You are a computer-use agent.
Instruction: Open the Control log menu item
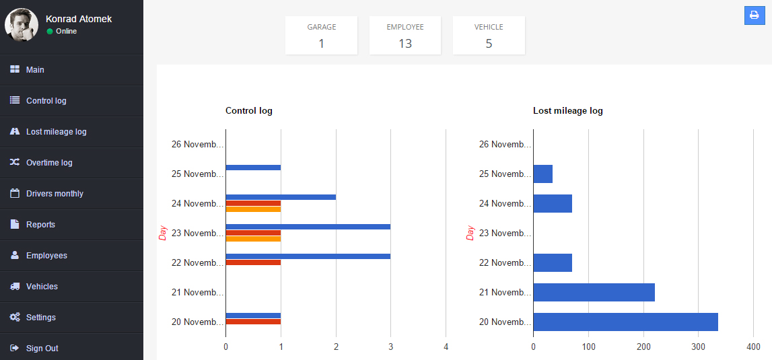point(46,101)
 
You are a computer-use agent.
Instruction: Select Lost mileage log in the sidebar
point(56,132)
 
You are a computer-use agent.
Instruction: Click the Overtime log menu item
point(48,163)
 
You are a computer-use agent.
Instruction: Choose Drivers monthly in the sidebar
point(55,194)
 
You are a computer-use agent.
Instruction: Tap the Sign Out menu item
point(42,349)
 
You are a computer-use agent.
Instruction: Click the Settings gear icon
point(15,318)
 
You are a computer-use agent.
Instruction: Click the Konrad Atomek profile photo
point(21,25)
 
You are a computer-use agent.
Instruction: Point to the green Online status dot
point(50,32)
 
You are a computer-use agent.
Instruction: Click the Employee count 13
point(405,44)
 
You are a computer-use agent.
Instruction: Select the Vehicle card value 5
point(489,44)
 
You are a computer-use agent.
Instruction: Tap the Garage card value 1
point(321,44)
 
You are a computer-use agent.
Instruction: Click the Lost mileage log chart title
point(567,111)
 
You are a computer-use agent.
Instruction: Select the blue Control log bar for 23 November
point(308,227)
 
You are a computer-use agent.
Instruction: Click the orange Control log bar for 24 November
point(253,209)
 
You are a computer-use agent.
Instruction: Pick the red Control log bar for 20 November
point(253,322)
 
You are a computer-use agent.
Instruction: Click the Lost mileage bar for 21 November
point(594,292)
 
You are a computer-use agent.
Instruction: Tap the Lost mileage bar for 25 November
point(542,174)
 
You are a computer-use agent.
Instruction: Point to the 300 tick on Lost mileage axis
point(698,347)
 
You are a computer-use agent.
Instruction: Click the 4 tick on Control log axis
point(446,347)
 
